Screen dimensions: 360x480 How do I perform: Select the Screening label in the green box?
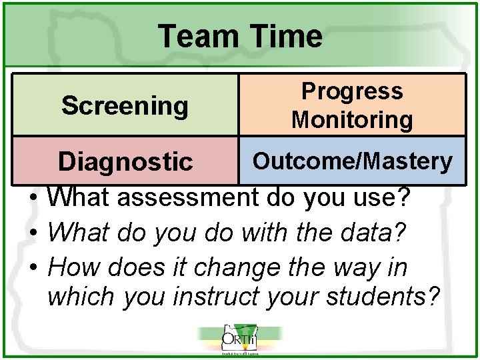click(x=125, y=105)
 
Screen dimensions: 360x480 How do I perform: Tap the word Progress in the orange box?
click(x=352, y=91)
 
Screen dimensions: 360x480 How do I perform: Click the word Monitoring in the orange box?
click(x=352, y=120)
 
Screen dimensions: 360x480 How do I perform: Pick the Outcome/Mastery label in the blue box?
click(x=353, y=161)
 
